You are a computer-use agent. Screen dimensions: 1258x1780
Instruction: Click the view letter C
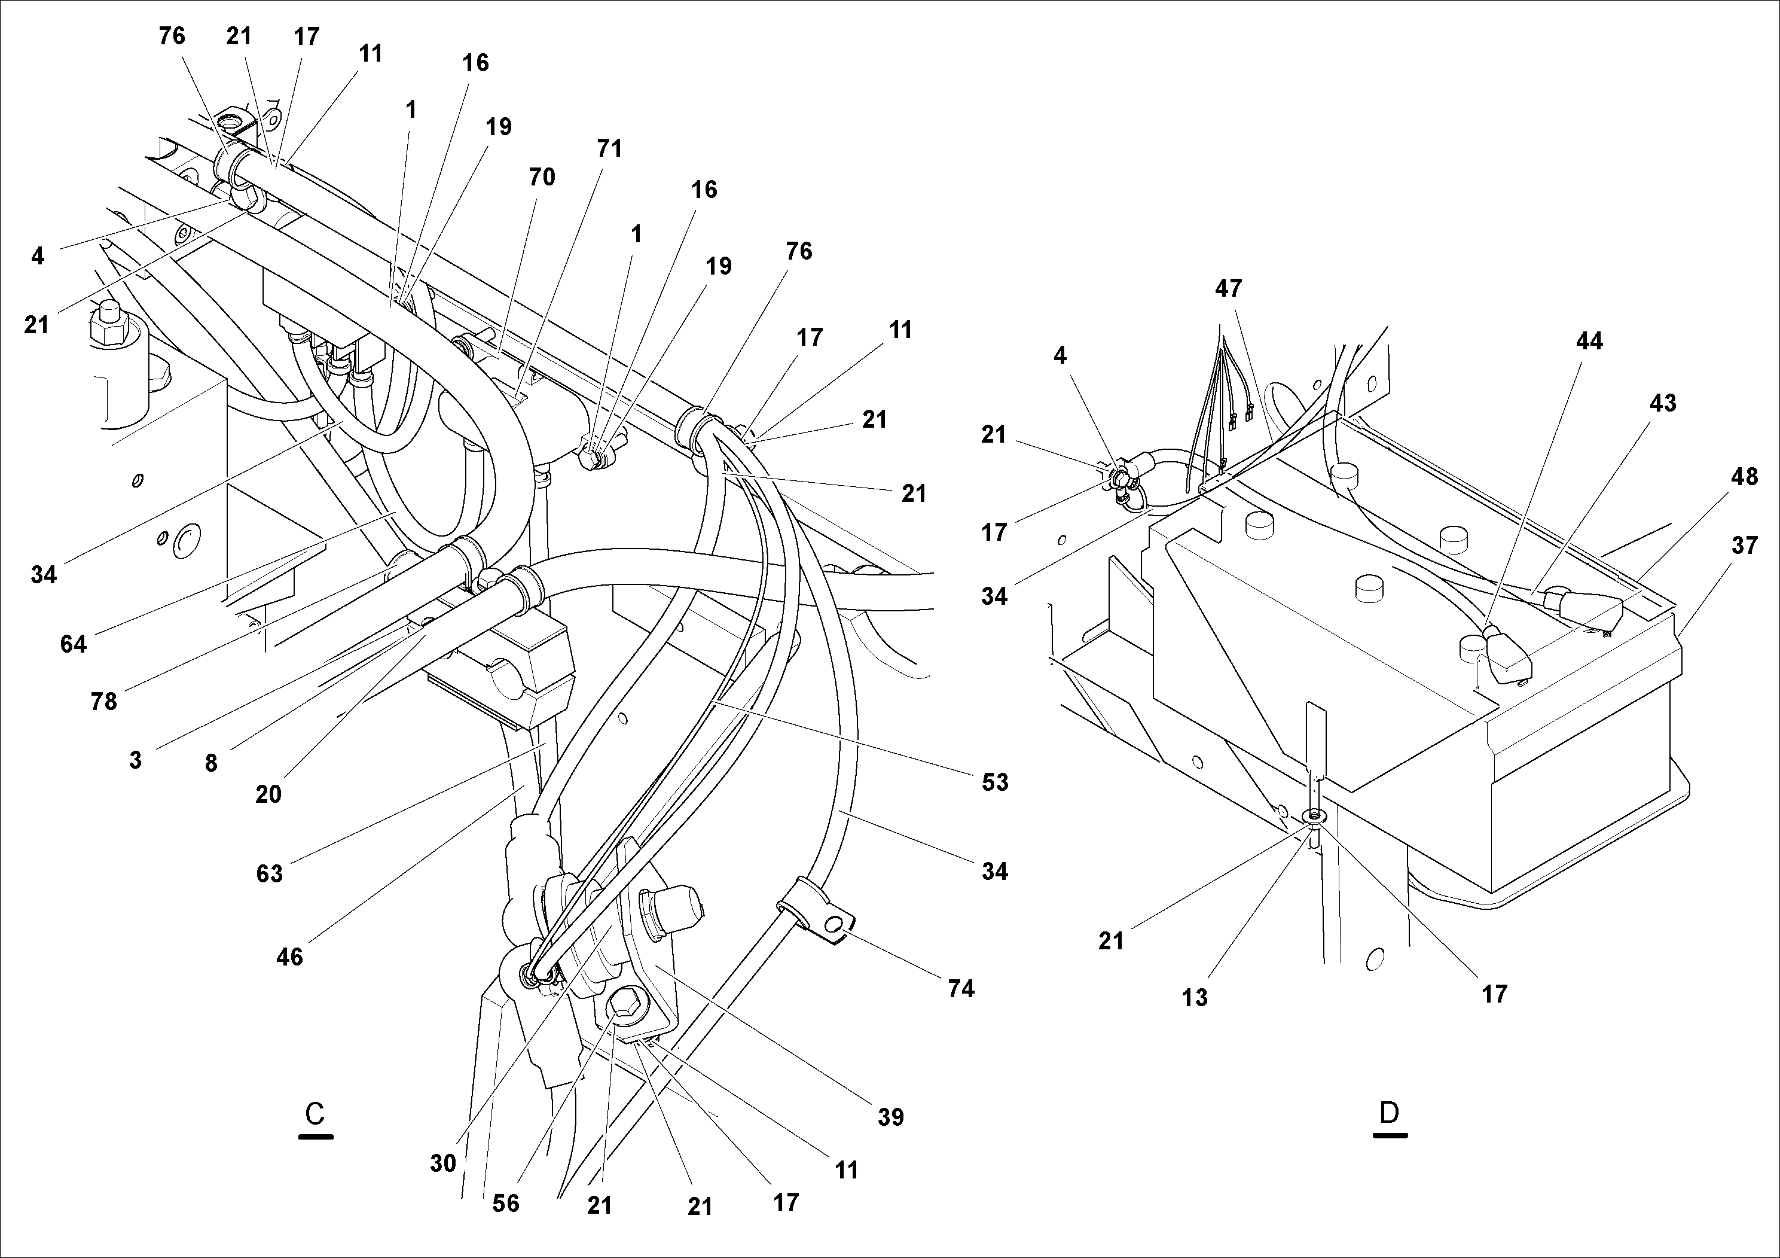point(315,1114)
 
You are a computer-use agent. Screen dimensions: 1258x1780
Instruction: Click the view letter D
point(1390,1113)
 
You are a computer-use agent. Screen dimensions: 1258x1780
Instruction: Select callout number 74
point(960,988)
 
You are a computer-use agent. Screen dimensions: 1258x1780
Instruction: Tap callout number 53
point(995,782)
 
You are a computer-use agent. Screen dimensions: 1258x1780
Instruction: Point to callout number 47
point(1228,288)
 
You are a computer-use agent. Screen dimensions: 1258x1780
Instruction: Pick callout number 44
point(1589,340)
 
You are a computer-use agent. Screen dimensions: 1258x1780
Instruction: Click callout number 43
point(1662,403)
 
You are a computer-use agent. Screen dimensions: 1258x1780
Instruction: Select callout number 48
point(1744,476)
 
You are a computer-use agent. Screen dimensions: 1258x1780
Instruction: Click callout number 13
point(1195,997)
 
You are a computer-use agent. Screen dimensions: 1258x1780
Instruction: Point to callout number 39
point(891,1117)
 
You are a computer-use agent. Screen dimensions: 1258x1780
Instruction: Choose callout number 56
point(505,1203)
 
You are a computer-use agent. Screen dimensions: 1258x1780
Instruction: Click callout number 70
point(542,177)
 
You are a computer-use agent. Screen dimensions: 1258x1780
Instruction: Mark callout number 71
point(609,148)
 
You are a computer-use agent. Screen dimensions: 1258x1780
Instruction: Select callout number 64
point(74,643)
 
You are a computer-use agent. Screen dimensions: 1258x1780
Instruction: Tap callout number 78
point(104,701)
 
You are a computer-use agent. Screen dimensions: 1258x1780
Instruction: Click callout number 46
point(289,957)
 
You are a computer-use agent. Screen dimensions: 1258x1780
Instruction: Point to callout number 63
point(269,873)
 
